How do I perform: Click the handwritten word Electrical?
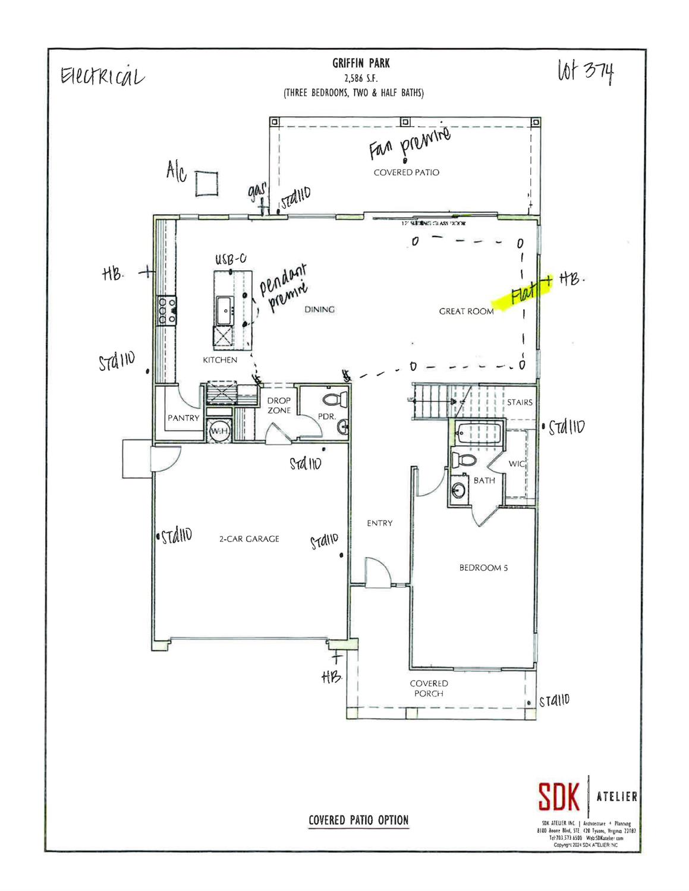(101, 77)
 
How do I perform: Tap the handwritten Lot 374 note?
(586, 73)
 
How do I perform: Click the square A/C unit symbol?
(206, 183)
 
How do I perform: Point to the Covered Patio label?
(407, 172)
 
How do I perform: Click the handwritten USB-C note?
(231, 260)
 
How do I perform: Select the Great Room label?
(466, 311)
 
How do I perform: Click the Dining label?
(320, 309)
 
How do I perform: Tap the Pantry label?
(184, 418)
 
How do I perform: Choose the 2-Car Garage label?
(249, 539)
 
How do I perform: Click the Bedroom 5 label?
(483, 568)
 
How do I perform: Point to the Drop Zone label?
(279, 405)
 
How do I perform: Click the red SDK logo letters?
(559, 796)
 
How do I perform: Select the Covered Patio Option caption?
(358, 820)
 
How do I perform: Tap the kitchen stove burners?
(166, 310)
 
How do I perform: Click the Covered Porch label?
(429, 688)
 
